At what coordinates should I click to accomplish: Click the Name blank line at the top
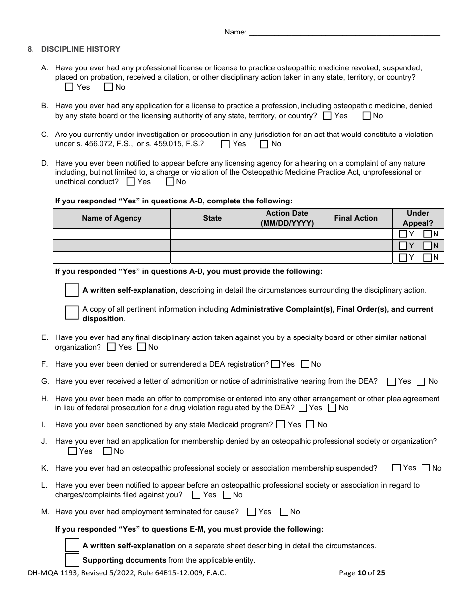[x=344, y=33]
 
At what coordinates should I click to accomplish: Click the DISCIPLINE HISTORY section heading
[x=81, y=49]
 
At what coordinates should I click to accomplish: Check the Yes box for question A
[x=69, y=87]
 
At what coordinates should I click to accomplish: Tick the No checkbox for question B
[x=367, y=116]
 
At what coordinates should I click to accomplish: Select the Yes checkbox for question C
[x=226, y=144]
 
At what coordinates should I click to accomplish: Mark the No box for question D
[x=170, y=182]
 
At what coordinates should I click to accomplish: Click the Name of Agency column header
[x=112, y=218]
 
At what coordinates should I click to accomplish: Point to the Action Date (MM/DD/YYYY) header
[x=287, y=218]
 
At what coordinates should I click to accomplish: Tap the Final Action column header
[x=356, y=218]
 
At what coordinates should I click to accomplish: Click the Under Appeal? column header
[x=418, y=218]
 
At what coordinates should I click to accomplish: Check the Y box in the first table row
[x=403, y=234]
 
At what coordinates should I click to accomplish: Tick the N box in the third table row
[x=428, y=257]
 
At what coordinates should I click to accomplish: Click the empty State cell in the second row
[x=212, y=246]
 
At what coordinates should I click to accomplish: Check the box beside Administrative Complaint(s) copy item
[x=72, y=313]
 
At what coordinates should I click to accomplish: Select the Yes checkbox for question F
[x=276, y=364]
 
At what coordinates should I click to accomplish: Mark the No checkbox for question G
[x=421, y=381]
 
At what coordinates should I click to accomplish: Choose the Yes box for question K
[x=397, y=468]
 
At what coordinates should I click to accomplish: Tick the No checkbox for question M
[x=284, y=512]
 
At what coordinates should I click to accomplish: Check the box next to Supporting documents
[x=72, y=560]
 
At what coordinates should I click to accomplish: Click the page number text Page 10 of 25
[x=362, y=572]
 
